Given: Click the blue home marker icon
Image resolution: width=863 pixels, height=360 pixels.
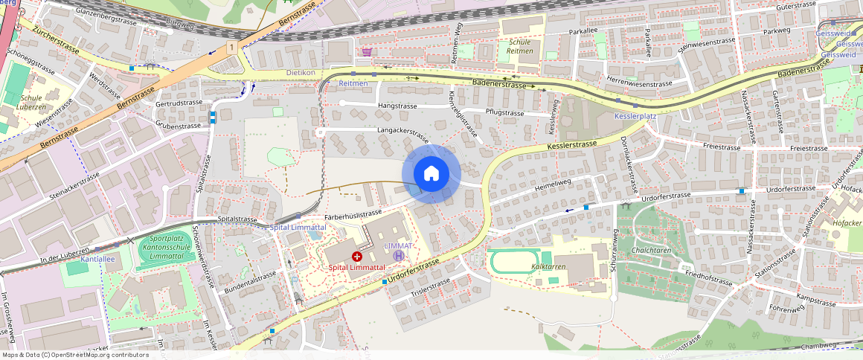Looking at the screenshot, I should pos(431,174).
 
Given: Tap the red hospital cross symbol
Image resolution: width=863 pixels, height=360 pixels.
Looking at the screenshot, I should pos(357,255).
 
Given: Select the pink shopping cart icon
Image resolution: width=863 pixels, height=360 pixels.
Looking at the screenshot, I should pos(367,52).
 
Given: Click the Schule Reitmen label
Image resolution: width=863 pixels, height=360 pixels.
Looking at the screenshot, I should pos(519,46).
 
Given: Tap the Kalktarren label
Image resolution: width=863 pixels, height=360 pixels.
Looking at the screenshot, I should pos(548,266).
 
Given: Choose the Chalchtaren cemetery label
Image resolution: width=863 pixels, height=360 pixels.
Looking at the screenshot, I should pos(652,251).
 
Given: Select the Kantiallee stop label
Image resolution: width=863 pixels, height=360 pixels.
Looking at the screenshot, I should pos(97,260).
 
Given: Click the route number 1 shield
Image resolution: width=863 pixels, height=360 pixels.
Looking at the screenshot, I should pos(233,48).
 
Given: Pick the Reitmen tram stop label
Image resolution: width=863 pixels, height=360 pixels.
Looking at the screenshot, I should pos(353,84).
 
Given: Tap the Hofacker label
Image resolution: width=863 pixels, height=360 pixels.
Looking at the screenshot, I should pos(847,222).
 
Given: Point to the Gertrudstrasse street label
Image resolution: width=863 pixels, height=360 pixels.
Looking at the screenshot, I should pos(179,103).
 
